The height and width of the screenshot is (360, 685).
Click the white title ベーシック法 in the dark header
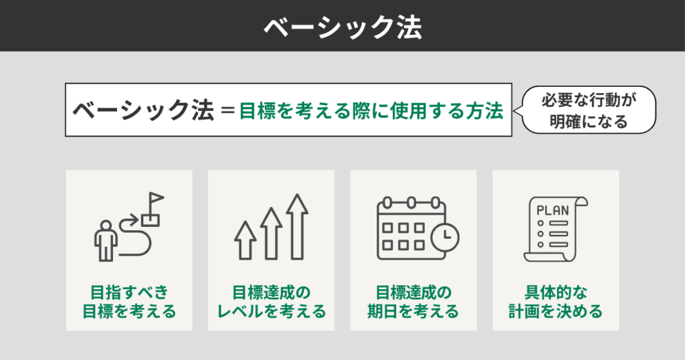click(x=342, y=26)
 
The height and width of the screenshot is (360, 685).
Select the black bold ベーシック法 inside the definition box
click(x=142, y=110)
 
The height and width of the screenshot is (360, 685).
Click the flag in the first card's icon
click(x=155, y=201)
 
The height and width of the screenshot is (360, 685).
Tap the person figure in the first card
click(x=104, y=239)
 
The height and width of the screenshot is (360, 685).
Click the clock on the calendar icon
click(x=444, y=236)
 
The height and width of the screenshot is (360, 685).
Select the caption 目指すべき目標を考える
click(x=129, y=302)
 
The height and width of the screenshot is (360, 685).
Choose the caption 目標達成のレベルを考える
click(x=272, y=302)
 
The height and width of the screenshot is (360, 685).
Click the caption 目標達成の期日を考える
click(x=413, y=302)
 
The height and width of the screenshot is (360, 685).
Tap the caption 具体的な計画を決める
click(x=555, y=302)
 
